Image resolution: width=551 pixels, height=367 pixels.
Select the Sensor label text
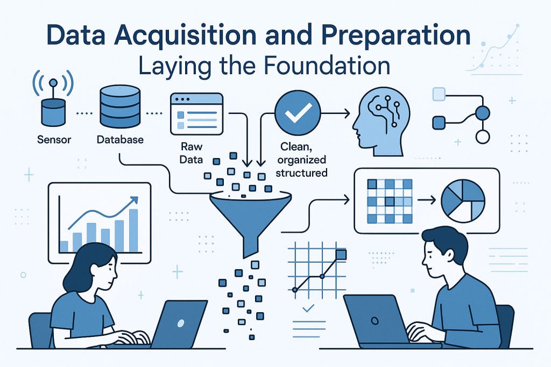[x=54, y=140]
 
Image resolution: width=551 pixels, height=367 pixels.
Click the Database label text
[x=120, y=140]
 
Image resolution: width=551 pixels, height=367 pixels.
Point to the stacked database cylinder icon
[x=120, y=106]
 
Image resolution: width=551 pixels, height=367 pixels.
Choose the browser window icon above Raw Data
[x=197, y=114]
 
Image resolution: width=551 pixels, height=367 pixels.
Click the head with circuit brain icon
[x=382, y=121]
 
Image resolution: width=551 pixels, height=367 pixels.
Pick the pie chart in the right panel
[x=463, y=200]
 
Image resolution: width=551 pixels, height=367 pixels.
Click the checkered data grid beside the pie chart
[x=390, y=201]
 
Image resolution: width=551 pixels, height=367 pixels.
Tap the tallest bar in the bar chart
[x=133, y=231]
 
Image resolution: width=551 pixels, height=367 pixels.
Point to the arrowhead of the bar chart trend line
[x=134, y=200]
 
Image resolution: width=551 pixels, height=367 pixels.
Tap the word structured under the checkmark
[x=301, y=172]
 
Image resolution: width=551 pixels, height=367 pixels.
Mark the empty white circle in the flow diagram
[x=483, y=137]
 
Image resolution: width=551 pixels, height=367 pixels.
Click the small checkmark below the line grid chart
[x=308, y=308]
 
